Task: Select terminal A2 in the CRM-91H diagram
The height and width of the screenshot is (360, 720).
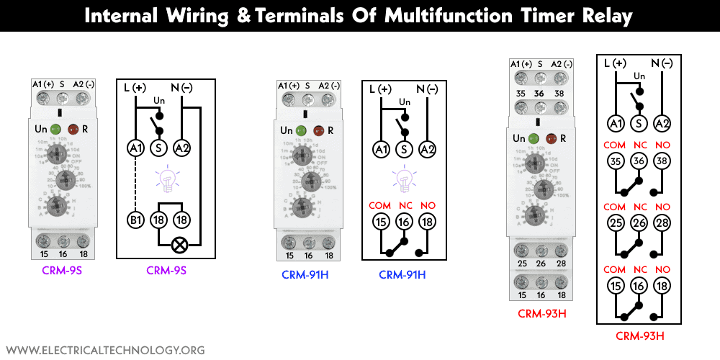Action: [x=428, y=150]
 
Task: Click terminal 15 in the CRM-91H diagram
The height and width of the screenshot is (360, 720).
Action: [x=381, y=222]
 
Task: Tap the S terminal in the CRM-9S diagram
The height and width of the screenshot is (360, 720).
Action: [x=159, y=148]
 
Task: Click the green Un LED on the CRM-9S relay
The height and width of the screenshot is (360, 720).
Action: [x=57, y=130]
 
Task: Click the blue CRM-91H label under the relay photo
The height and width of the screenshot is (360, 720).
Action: [x=302, y=274]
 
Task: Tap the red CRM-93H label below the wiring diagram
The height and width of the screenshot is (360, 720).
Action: [x=639, y=336]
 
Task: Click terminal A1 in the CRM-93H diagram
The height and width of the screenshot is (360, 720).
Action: [x=616, y=123]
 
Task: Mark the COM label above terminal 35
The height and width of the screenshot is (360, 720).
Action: [x=616, y=145]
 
